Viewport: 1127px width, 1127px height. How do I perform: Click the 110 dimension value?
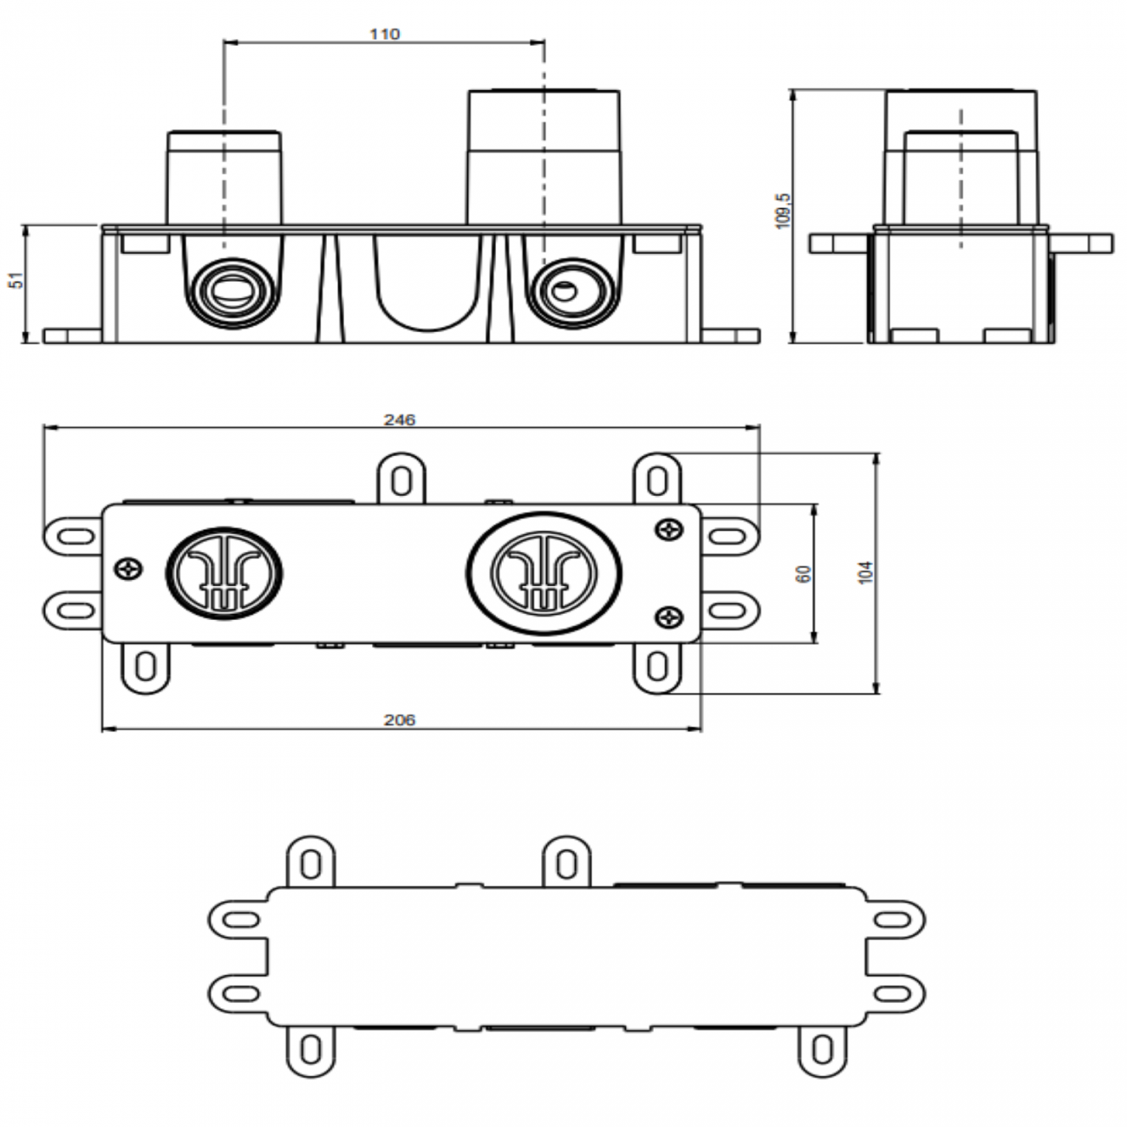click(x=384, y=34)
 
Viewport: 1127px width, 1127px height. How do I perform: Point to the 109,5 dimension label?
click(x=784, y=211)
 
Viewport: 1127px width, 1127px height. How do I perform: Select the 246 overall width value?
click(x=400, y=420)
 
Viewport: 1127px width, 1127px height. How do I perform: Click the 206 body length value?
click(x=400, y=720)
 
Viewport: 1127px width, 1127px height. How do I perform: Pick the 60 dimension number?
click(x=804, y=573)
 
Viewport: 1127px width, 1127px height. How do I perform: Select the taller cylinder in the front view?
click(x=544, y=156)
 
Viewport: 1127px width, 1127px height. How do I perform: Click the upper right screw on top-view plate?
click(x=669, y=527)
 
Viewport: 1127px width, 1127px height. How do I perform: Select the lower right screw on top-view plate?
click(x=669, y=617)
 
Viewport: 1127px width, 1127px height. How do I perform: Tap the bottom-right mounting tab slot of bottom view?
click(x=819, y=1052)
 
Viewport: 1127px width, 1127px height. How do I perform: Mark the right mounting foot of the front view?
click(x=733, y=335)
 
